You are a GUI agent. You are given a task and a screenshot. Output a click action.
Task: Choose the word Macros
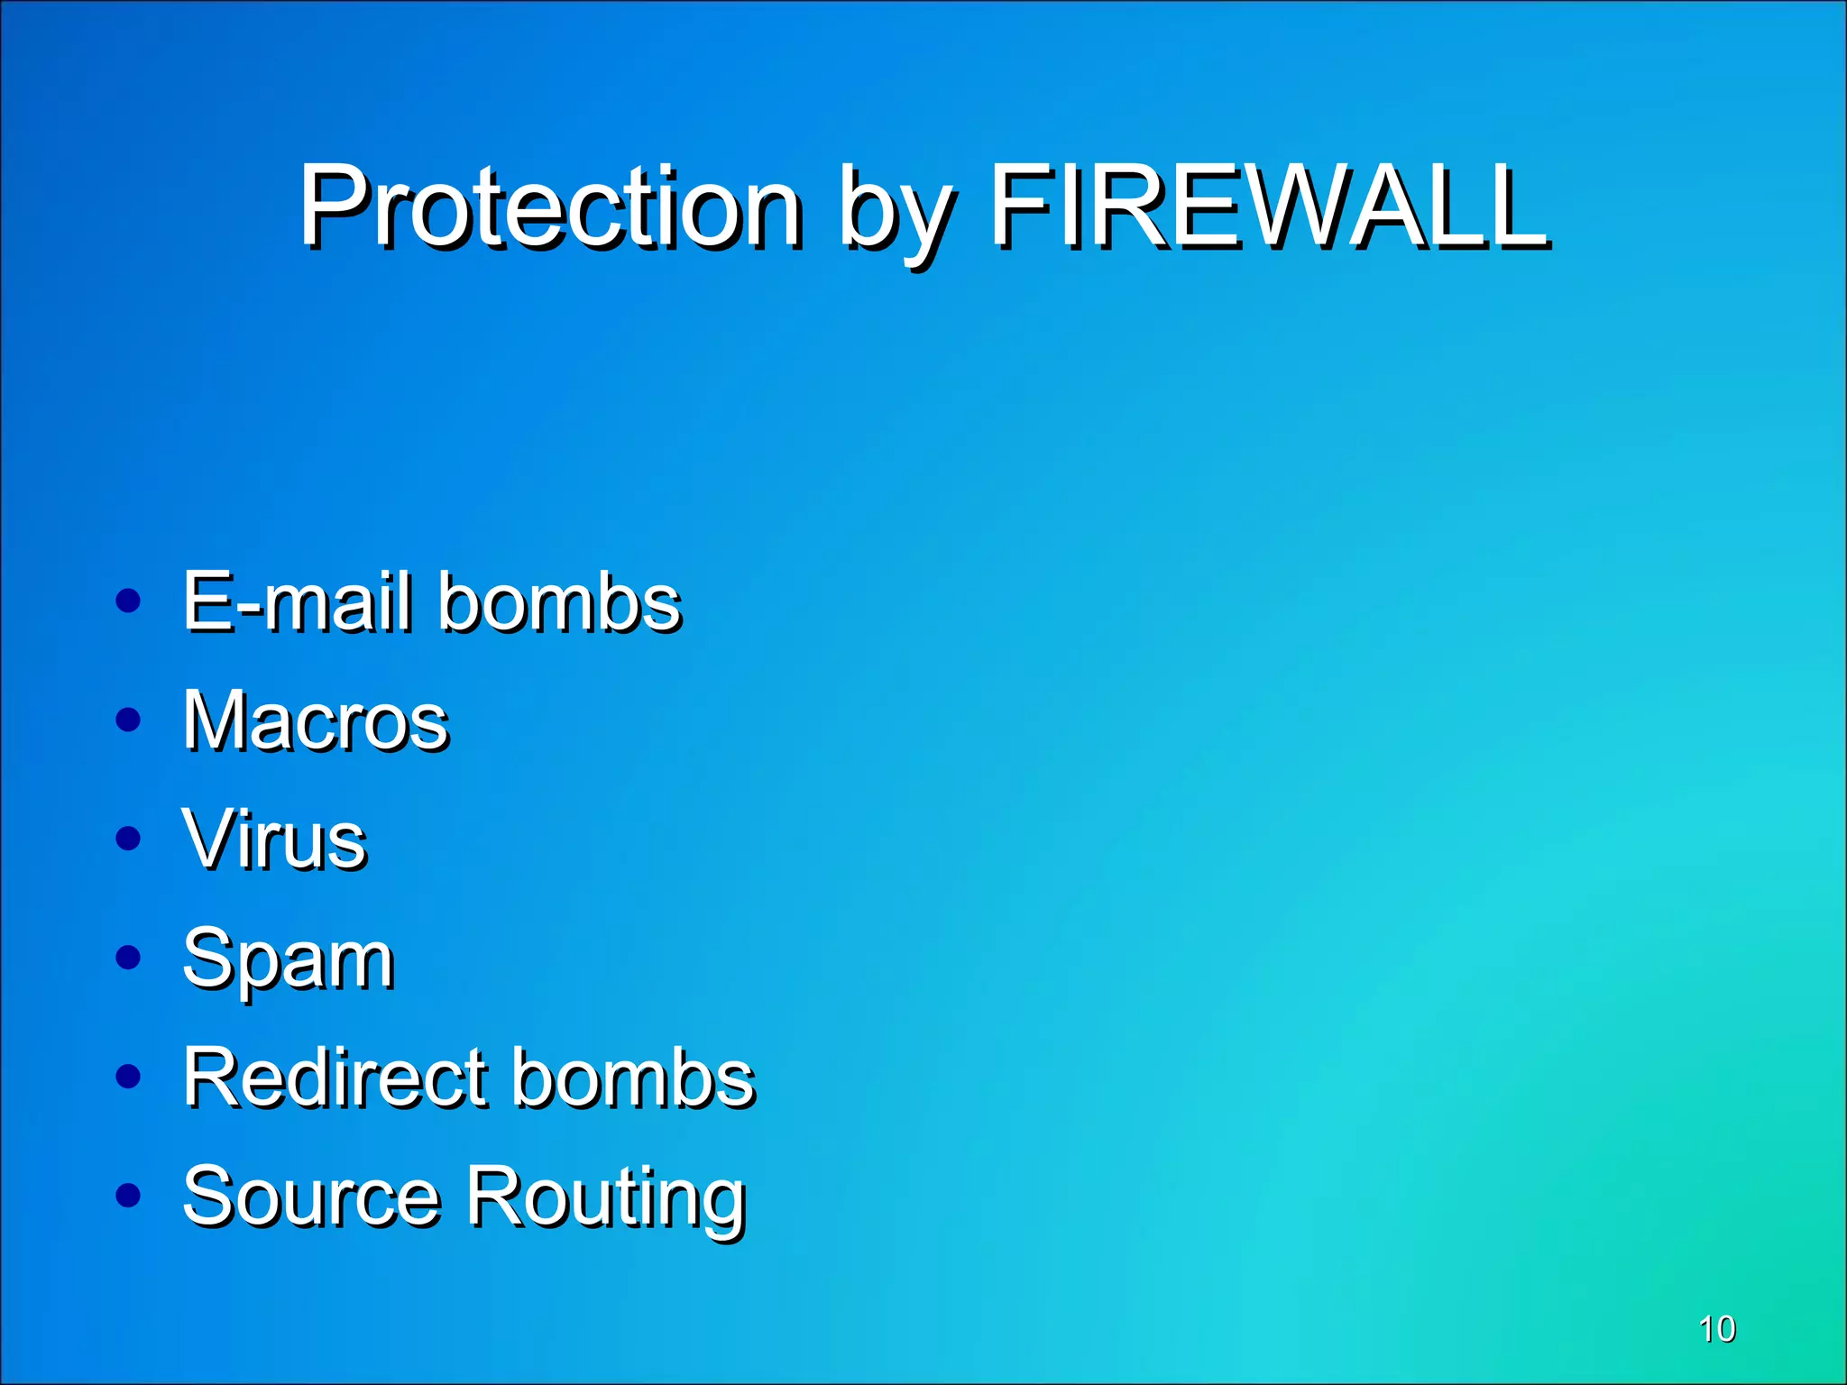tap(316, 720)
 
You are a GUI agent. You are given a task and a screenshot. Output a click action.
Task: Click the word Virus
tap(274, 839)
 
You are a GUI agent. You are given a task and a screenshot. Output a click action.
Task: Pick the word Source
tap(311, 1197)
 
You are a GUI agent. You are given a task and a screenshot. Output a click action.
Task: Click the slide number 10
tap(1716, 1329)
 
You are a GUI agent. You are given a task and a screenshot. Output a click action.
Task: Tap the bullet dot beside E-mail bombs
tap(129, 601)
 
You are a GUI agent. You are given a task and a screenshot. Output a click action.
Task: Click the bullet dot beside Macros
tap(129, 720)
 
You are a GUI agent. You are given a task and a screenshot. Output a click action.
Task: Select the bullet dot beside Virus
tap(129, 839)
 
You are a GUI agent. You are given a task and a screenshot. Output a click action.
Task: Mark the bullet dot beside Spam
tap(129, 958)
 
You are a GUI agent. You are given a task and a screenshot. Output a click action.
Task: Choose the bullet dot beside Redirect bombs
tap(129, 1076)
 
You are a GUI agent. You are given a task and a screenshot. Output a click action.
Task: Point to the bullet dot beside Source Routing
tap(129, 1195)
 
